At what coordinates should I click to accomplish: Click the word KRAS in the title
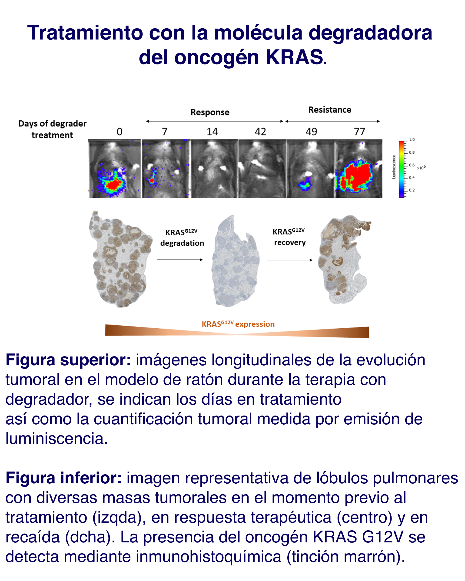pyautogui.click(x=294, y=57)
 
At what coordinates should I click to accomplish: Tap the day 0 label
pyautogui.click(x=120, y=132)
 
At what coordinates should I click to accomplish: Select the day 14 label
pyautogui.click(x=212, y=132)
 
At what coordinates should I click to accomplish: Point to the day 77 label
pyautogui.click(x=359, y=132)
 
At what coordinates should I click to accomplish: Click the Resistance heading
pyautogui.click(x=330, y=110)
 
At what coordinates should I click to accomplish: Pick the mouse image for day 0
pyautogui.click(x=115, y=169)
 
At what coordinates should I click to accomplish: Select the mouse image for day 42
pyautogui.click(x=262, y=169)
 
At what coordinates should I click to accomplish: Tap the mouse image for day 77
pyautogui.click(x=359, y=169)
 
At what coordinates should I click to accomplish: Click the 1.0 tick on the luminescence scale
pyautogui.click(x=412, y=140)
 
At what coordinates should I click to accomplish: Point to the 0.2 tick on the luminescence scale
pyautogui.click(x=412, y=190)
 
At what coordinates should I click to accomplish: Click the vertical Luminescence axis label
pyautogui.click(x=394, y=167)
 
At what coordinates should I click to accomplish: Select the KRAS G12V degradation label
pyautogui.click(x=182, y=238)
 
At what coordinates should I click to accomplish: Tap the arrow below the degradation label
pyautogui.click(x=180, y=260)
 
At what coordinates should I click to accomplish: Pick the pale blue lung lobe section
pyautogui.click(x=236, y=261)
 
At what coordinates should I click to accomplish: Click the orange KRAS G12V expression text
pyautogui.click(x=238, y=324)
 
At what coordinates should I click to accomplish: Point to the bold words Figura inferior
pyautogui.click(x=64, y=478)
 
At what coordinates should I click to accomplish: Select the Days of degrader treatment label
pyautogui.click(x=52, y=129)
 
